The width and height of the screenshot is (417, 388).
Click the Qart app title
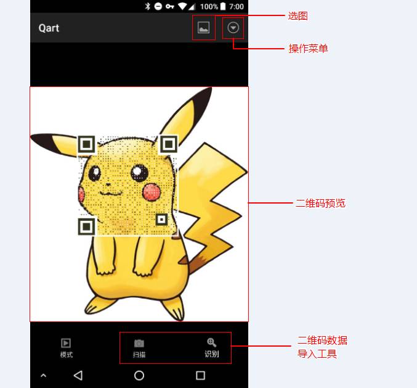click(x=49, y=28)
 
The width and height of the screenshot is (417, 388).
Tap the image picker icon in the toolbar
click(x=203, y=28)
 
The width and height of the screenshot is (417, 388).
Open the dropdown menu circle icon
click(x=233, y=28)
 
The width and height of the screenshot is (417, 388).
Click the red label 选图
click(x=298, y=16)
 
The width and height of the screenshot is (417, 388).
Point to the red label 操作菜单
click(x=308, y=48)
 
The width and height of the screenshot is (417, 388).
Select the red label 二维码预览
click(x=320, y=203)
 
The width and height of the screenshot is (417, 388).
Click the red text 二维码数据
click(x=322, y=341)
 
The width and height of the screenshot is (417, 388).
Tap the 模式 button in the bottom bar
click(x=67, y=348)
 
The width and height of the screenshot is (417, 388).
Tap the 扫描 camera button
click(x=139, y=348)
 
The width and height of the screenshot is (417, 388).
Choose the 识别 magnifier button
click(x=211, y=347)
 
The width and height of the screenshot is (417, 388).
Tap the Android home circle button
click(x=139, y=375)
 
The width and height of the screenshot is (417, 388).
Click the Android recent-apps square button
click(x=200, y=375)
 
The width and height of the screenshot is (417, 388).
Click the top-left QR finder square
click(x=87, y=144)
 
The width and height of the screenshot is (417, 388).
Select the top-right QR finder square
click(x=168, y=144)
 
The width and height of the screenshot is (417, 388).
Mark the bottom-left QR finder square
click(x=87, y=226)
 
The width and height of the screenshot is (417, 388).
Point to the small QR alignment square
click(x=161, y=219)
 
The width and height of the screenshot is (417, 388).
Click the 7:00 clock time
click(x=237, y=6)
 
